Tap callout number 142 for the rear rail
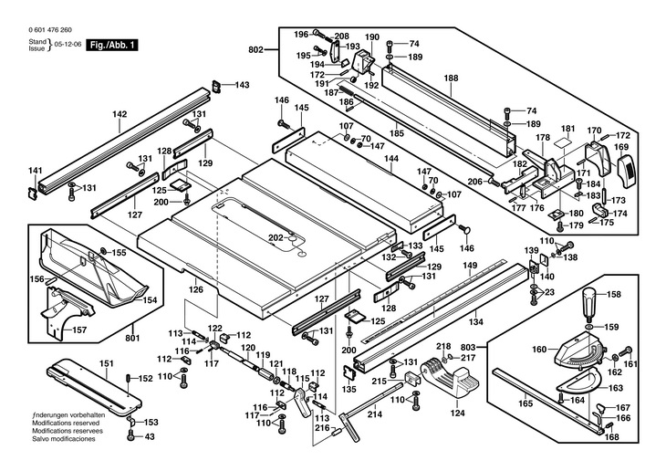pyautogui.click(x=120, y=114)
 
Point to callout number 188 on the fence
pyautogui.click(x=451, y=78)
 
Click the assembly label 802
pyautogui.click(x=255, y=48)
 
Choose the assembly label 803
pyautogui.click(x=470, y=349)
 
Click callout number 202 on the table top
pyautogui.click(x=276, y=237)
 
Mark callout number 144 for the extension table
pyautogui.click(x=390, y=159)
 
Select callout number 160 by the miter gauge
pyautogui.click(x=539, y=350)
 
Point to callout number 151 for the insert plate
pyautogui.click(x=106, y=363)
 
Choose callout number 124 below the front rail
pyautogui.click(x=457, y=413)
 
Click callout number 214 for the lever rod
pyautogui.click(x=373, y=414)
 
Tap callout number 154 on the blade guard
pyautogui.click(x=150, y=299)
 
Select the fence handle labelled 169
pyautogui.click(x=622, y=146)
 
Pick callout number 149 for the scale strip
pyautogui.click(x=470, y=266)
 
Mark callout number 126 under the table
pyautogui.click(x=195, y=290)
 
